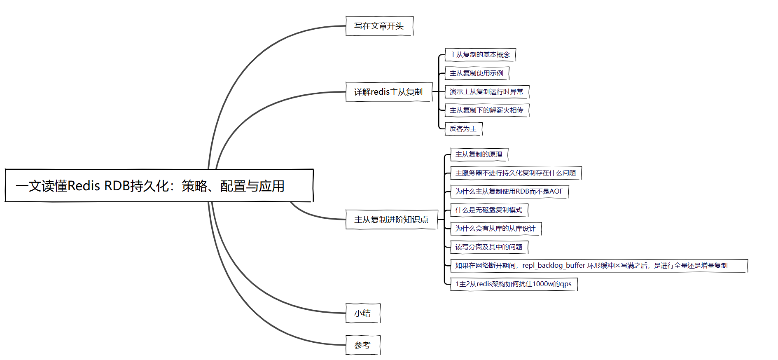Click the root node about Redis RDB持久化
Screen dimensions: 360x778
159,186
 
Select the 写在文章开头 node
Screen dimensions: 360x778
379,26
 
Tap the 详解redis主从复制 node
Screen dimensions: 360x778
388,92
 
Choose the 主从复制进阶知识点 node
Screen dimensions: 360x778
391,220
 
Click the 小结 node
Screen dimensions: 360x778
362,313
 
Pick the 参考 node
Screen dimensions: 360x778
362,345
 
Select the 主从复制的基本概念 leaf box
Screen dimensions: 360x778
480,55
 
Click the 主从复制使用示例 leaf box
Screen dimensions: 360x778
477,73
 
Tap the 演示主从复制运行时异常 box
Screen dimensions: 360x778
486,92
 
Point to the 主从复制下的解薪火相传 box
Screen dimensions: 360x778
486,110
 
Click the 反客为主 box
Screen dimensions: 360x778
463,129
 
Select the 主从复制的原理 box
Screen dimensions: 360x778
479,154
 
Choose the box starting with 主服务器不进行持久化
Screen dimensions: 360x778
516,173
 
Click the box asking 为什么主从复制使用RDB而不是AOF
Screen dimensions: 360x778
509,192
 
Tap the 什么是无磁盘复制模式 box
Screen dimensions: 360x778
489,210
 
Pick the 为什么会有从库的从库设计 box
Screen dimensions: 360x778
495,229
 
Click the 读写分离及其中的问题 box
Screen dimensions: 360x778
489,247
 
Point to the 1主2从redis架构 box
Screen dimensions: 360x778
514,284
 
